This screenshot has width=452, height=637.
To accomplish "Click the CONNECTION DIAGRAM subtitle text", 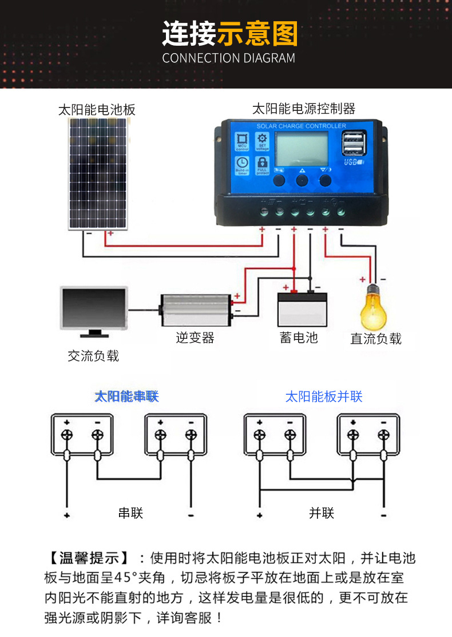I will (x=228, y=58).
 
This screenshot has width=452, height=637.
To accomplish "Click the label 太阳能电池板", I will (x=97, y=110).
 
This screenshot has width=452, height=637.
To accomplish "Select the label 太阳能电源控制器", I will (x=304, y=109).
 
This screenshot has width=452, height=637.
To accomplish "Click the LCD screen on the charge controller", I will (x=302, y=148).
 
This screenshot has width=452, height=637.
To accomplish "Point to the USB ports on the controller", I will (x=352, y=143).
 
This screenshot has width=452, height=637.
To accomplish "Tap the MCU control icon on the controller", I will (x=242, y=141).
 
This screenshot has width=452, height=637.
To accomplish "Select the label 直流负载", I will (x=376, y=339).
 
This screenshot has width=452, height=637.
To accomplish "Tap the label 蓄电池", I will (x=299, y=338).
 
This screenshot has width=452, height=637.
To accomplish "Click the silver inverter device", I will (x=196, y=310).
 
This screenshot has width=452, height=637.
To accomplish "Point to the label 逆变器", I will (x=195, y=338).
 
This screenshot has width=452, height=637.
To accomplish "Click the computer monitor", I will (x=94, y=311).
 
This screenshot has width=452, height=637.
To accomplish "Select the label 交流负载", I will (x=93, y=356).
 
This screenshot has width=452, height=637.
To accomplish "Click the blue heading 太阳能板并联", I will (x=324, y=396).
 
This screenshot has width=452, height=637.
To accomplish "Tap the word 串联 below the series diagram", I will (x=130, y=512).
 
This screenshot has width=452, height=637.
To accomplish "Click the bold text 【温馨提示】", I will (x=89, y=558).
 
